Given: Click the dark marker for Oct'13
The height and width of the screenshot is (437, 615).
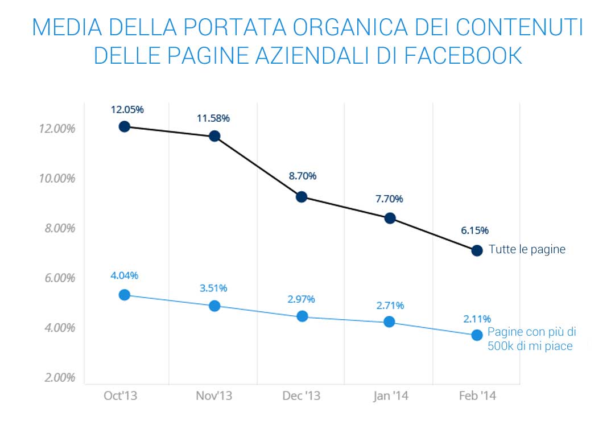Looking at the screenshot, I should [x=125, y=126].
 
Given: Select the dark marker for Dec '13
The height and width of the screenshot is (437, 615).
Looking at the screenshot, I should [x=302, y=197].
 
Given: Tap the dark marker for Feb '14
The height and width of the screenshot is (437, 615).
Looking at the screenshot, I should [x=477, y=250].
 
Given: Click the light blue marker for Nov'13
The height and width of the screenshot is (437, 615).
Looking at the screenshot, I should [x=214, y=306].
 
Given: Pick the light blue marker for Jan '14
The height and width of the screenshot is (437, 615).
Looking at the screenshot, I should [x=389, y=321].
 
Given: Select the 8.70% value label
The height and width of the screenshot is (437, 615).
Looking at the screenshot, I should [x=302, y=176].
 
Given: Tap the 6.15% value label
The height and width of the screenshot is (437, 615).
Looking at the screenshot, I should [x=474, y=230].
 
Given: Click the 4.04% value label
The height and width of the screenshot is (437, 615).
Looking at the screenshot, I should [x=124, y=276].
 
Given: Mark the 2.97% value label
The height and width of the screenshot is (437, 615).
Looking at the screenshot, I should [x=302, y=299].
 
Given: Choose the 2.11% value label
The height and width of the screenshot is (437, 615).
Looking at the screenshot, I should [x=476, y=319].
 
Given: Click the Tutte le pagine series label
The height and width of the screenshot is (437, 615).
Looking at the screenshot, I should [x=527, y=249].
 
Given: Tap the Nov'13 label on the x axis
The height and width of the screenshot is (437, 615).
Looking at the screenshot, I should [x=213, y=396].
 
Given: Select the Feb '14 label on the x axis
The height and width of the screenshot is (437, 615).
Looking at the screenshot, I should [x=477, y=396].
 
